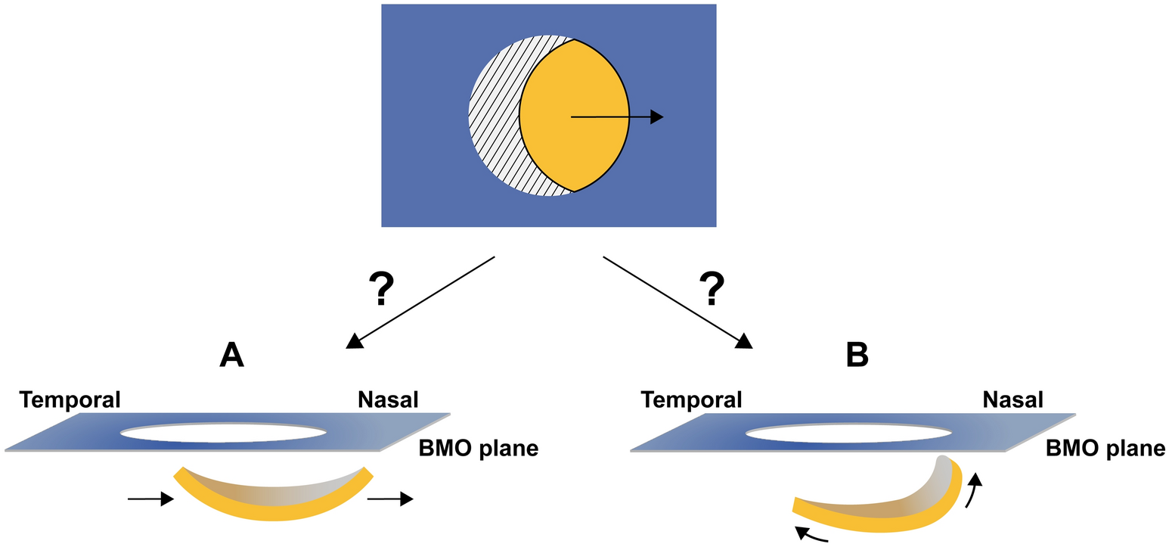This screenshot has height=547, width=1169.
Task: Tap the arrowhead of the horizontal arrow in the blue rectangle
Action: click(656, 117)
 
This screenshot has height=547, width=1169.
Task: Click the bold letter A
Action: click(231, 353)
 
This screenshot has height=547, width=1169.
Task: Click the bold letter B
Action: click(857, 353)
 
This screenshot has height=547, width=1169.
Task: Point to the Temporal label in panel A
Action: click(70, 399)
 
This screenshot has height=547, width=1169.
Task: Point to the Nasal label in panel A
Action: click(388, 399)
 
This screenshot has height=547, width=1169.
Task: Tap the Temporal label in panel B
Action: click(691, 399)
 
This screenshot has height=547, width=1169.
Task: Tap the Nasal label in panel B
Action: click(1012, 399)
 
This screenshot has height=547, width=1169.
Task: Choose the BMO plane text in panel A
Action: click(478, 449)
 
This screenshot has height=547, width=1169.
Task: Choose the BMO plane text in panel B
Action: click(1105, 449)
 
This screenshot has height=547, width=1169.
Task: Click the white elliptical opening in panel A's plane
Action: click(223, 434)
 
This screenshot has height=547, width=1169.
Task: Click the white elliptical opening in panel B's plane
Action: click(848, 434)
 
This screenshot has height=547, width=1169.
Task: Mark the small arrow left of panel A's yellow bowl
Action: click(148, 499)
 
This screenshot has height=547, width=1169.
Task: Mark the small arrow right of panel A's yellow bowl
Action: click(389, 499)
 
